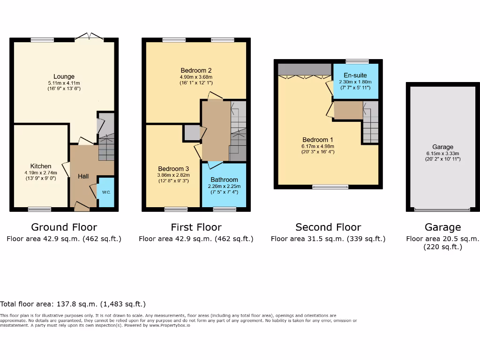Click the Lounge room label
(x=64, y=76)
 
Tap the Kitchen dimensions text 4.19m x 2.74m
(x=41, y=173)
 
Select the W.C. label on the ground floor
(x=106, y=192)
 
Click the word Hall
(x=83, y=176)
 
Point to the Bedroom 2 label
(x=196, y=70)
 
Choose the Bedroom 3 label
(x=173, y=169)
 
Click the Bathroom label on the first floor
(x=224, y=180)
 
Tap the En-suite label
(x=355, y=75)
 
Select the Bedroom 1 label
(x=318, y=140)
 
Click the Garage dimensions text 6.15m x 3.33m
(x=442, y=153)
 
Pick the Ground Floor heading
(x=64, y=227)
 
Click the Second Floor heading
(x=328, y=227)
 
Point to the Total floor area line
(x=73, y=304)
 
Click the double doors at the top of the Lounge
(x=90, y=37)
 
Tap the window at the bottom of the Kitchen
(x=40, y=209)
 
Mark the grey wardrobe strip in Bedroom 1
(x=305, y=70)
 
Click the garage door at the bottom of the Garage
(x=442, y=210)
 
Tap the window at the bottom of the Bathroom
(x=224, y=209)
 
